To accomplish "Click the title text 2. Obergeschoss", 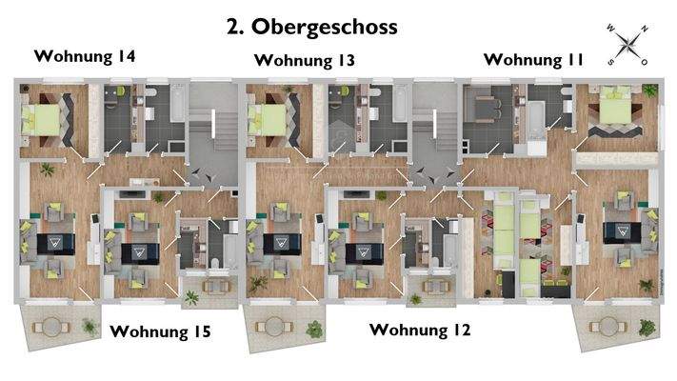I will pyautogui.click(x=311, y=27).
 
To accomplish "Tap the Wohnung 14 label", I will pyautogui.click(x=84, y=56).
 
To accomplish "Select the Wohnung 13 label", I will pyautogui.click(x=305, y=61).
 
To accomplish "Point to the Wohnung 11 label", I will pyautogui.click(x=533, y=59).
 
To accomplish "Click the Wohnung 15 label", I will pyautogui.click(x=160, y=331).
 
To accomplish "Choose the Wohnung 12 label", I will pyautogui.click(x=419, y=331).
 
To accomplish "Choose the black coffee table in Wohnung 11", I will pyautogui.click(x=624, y=230).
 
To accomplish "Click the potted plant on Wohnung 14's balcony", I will pyautogui.click(x=89, y=326).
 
